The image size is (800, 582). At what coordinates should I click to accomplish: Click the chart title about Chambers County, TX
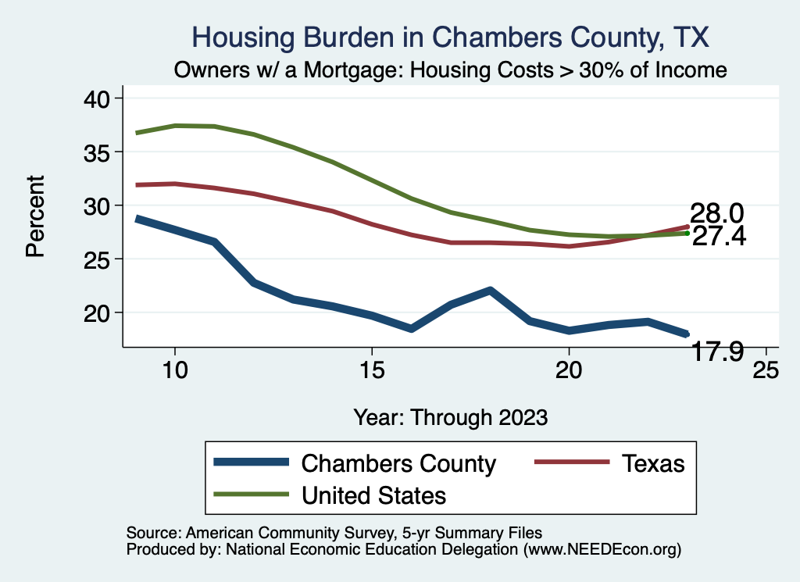[x=451, y=37]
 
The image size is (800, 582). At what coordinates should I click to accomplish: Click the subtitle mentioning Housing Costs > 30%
[x=451, y=70]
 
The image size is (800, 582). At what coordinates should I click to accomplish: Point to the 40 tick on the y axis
[x=100, y=98]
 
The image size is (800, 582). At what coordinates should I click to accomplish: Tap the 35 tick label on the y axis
[x=100, y=152]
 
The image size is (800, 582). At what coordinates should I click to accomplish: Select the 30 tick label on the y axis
[x=100, y=205]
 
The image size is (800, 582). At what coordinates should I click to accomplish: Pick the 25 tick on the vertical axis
[x=100, y=259]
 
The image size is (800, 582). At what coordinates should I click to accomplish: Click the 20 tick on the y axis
[x=100, y=312]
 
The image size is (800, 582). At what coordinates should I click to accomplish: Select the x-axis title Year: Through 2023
[x=451, y=416]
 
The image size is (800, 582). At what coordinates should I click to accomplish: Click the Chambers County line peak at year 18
[x=490, y=291]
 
